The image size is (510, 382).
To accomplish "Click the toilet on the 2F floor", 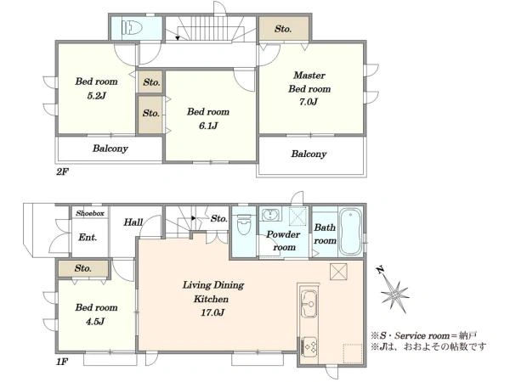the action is click(132, 28).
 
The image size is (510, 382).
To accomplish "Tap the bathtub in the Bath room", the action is click(350, 232).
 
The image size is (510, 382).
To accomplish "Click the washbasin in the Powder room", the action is click(270, 215).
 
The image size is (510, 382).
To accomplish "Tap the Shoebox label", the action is click(90, 213).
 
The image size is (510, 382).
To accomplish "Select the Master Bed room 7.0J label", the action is click(309, 88).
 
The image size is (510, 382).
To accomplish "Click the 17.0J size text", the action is click(212, 312).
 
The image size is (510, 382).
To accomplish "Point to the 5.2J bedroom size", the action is click(96, 96).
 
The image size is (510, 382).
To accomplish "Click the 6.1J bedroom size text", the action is click(208, 126).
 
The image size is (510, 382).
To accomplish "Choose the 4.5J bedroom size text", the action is click(96, 322).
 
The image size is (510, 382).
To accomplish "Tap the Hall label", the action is click(133, 222).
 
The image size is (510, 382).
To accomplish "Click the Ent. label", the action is click(88, 238).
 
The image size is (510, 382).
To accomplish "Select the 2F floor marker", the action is click(62, 171).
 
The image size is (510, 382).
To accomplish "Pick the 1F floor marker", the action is click(62, 362).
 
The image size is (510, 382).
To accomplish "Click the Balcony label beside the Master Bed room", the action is click(309, 154).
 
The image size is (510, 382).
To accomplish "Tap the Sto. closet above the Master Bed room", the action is click(283, 29).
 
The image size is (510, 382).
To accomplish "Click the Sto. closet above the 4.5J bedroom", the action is click(82, 268).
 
